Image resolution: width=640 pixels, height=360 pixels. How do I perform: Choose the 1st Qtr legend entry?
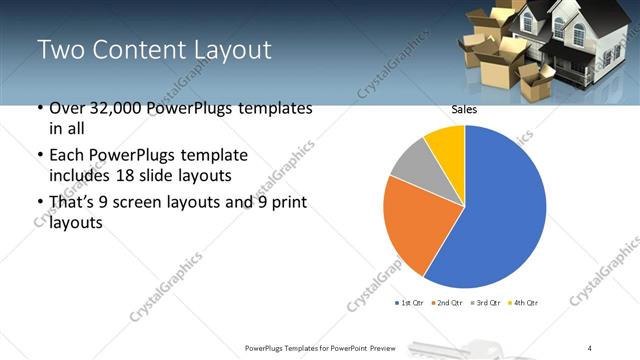[x=409, y=302]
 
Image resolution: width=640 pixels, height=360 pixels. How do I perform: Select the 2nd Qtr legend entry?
[x=445, y=302]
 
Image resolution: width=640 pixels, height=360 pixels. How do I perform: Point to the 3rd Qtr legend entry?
[x=485, y=302]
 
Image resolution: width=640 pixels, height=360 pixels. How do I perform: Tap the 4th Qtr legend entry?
[x=523, y=302]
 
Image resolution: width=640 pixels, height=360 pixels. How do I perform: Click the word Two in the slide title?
[x=62, y=49]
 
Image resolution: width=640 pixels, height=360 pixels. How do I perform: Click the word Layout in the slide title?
[x=231, y=49]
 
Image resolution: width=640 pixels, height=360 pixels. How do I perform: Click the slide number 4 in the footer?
[x=590, y=348]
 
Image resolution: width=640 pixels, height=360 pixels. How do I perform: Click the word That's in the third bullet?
[x=74, y=203]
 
